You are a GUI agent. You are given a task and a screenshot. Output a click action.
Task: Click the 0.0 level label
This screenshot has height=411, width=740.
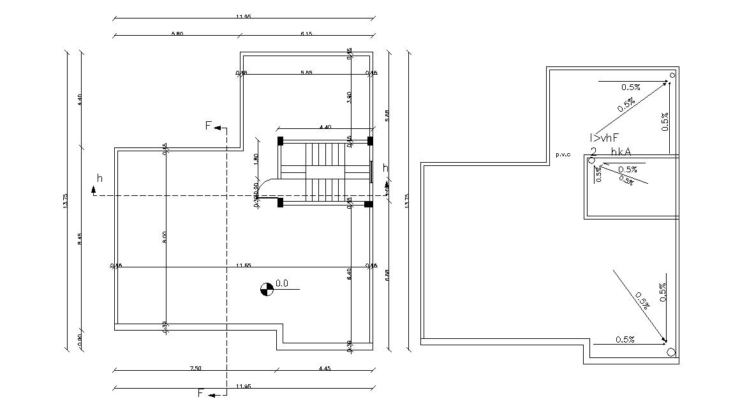click(x=282, y=283)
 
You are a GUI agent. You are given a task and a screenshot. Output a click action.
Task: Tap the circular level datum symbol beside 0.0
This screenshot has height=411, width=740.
click(x=267, y=289)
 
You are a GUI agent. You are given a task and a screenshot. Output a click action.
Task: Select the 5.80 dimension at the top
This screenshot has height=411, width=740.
click(x=177, y=34)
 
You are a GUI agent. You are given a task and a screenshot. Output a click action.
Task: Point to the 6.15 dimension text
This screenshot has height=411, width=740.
click(x=306, y=34)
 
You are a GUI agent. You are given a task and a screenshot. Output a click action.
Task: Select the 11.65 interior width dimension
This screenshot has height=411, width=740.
click(x=242, y=265)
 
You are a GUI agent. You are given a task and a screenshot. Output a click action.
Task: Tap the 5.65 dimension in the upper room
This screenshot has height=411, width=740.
click(x=306, y=73)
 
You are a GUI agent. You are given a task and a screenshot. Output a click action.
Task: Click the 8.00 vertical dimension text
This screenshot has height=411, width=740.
click(x=165, y=237)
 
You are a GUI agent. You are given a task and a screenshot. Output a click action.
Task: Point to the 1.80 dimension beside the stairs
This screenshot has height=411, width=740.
click(x=256, y=158)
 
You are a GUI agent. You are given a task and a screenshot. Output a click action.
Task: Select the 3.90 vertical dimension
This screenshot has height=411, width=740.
click(x=349, y=97)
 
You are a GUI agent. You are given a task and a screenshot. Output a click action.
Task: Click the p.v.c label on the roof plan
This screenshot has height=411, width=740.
click(x=562, y=154)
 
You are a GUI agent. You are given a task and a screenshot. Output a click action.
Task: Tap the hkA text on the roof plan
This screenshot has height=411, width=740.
click(x=621, y=152)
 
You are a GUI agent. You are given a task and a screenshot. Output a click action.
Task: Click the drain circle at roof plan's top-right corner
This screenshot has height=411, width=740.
click(x=672, y=75)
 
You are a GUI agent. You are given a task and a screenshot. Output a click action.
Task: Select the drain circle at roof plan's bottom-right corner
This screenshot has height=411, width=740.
click(x=670, y=352)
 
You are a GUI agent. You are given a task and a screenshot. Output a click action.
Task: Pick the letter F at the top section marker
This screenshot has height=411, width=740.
click(x=208, y=126)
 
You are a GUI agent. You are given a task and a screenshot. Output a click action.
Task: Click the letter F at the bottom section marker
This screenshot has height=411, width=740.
click(x=201, y=393)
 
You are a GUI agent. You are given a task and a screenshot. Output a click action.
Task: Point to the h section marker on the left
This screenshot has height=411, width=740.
click(x=99, y=177)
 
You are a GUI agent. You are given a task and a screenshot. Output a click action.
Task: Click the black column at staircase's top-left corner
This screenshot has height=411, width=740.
click(x=280, y=140)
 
